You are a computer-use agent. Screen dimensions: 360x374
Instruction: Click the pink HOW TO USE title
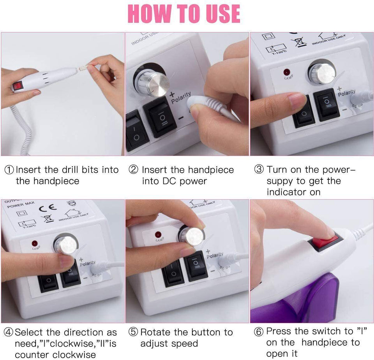[x=184, y=14]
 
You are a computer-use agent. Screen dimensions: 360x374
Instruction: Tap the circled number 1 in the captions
[x=9, y=170]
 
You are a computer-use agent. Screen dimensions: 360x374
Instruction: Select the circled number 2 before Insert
[x=134, y=170]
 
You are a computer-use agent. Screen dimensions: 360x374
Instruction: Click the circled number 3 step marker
[x=259, y=170]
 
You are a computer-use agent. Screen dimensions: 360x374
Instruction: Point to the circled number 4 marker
[x=9, y=333]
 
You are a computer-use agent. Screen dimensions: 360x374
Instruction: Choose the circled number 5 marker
[x=134, y=333]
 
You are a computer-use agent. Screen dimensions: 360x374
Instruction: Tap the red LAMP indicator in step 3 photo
[x=287, y=72]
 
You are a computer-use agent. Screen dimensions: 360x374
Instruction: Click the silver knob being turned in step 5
[x=192, y=236]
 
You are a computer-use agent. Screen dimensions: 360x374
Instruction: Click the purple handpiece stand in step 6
[x=312, y=300]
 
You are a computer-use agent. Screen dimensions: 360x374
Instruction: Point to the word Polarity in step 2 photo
[x=181, y=98]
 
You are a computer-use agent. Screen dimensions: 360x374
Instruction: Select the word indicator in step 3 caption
[x=288, y=192]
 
